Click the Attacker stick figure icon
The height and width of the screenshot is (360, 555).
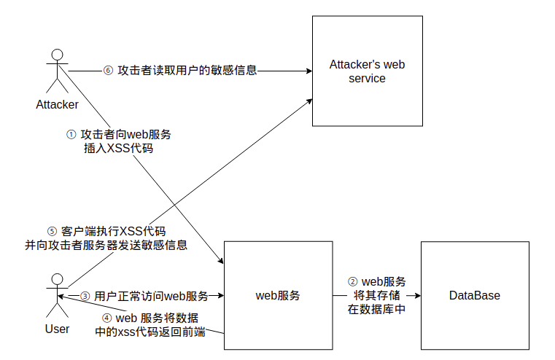coord(58,71)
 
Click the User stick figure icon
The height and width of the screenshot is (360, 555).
coord(57,295)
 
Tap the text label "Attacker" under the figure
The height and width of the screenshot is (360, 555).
coord(57,104)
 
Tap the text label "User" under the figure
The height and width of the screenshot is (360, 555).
coord(57,329)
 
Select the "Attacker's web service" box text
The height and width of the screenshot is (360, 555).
coord(367,71)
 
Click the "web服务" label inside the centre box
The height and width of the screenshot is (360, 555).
coord(277,296)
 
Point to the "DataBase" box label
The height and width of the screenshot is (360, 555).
coord(474,296)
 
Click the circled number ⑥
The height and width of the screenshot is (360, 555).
coord(108,71)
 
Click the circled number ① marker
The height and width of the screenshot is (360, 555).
coord(71,135)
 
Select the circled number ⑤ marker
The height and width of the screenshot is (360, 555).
coord(51,231)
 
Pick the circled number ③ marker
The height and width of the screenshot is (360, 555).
coord(85,297)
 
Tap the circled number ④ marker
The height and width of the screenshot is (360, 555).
coord(107,318)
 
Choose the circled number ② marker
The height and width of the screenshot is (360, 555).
coord(352,281)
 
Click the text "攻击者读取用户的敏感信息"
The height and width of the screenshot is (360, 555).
coord(187,71)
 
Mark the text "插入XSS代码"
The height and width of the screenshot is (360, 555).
coord(118,149)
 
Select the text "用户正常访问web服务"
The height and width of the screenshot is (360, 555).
coord(151,297)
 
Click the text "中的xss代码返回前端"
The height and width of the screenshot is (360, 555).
coord(150,332)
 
